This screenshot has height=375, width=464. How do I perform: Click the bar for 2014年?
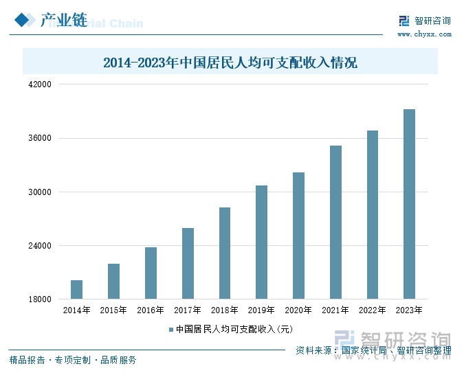(x=76, y=289)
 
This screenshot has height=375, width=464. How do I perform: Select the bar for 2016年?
(x=151, y=273)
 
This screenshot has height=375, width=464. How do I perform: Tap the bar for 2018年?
(x=225, y=253)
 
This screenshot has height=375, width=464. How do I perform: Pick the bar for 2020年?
(x=298, y=236)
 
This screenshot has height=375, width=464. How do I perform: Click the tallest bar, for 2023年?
(x=409, y=204)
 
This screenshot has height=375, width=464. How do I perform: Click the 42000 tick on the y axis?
(x=39, y=84)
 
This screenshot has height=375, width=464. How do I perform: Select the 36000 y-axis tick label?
(x=39, y=138)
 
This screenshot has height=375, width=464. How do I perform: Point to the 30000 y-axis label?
(x=39, y=192)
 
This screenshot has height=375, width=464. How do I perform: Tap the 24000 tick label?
(x=39, y=246)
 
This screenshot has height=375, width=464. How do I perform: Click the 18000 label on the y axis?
(x=39, y=299)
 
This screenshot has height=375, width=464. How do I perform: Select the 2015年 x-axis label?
(x=113, y=310)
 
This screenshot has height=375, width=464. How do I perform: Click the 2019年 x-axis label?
(x=261, y=310)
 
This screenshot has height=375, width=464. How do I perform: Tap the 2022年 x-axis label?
(x=372, y=310)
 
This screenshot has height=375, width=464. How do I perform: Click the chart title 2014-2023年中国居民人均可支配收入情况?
(x=230, y=63)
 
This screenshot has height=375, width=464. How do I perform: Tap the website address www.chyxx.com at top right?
(x=424, y=34)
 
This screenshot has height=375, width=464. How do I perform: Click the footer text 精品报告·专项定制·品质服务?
(x=73, y=360)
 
